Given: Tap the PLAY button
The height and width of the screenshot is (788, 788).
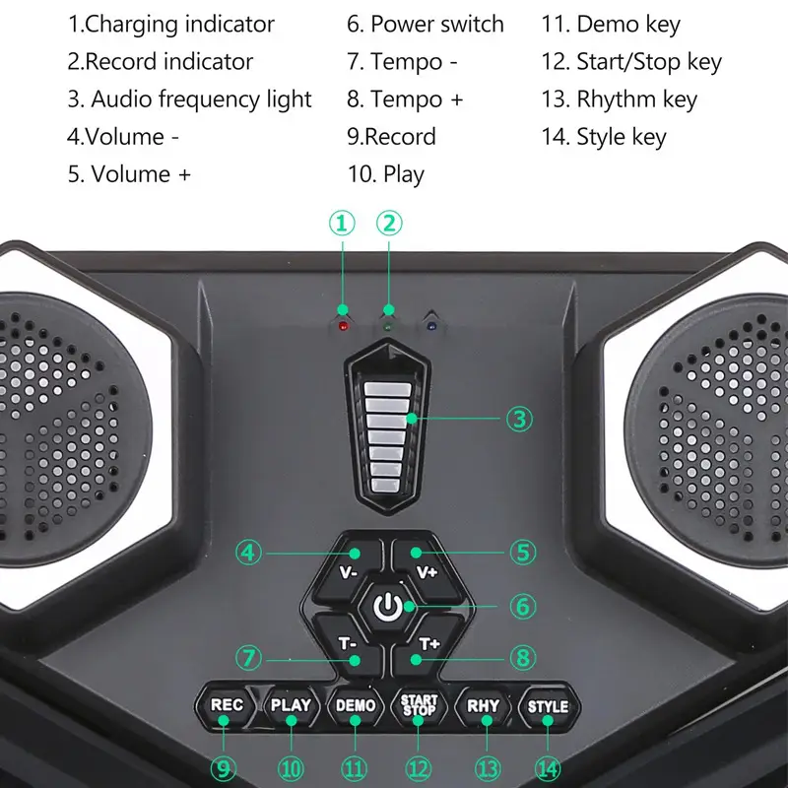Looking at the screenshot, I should coord(291,705).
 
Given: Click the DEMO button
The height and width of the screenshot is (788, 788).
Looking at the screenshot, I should coord(356,705).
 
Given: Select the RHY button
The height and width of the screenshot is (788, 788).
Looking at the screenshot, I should coord(484,705).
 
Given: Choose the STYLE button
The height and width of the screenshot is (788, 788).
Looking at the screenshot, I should coord(548,706).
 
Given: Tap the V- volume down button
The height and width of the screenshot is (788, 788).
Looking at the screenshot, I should coord(349,568).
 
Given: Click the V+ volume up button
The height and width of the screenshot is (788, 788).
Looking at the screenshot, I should coord(427,568).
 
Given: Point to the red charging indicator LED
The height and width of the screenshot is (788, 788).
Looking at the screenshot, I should coord(342,325).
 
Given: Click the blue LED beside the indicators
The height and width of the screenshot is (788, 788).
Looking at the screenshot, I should coord(430,324).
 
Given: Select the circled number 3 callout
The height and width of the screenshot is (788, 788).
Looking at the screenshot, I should coord(520,419).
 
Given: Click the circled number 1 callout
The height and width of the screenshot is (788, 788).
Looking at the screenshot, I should coord(342,224).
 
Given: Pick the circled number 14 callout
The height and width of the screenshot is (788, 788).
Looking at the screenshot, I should coord(548,767).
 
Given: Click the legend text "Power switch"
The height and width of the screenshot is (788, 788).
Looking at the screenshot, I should coord(436,24).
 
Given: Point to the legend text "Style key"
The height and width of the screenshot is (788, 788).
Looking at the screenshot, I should coord(621,136).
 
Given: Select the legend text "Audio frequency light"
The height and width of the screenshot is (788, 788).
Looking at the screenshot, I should coord(201,98).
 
